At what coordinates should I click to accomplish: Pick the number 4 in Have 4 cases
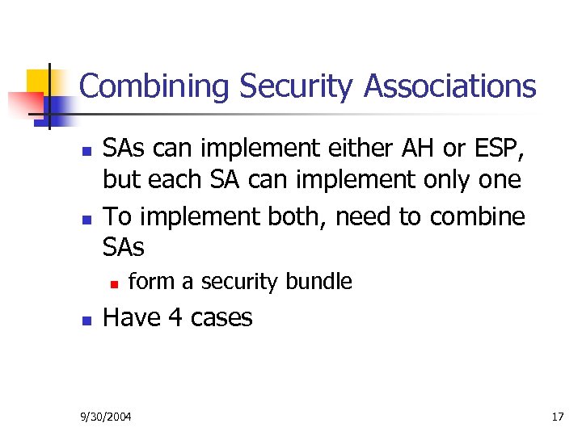[x=175, y=318]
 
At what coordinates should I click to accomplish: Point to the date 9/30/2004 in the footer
[x=106, y=417]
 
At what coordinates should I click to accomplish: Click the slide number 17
[x=557, y=417]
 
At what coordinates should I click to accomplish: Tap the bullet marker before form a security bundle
[x=114, y=283]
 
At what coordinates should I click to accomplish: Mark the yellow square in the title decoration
[x=38, y=81]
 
